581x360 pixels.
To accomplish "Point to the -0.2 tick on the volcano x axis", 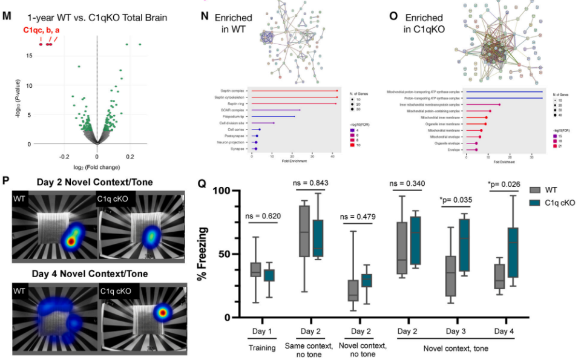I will (65, 155).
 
